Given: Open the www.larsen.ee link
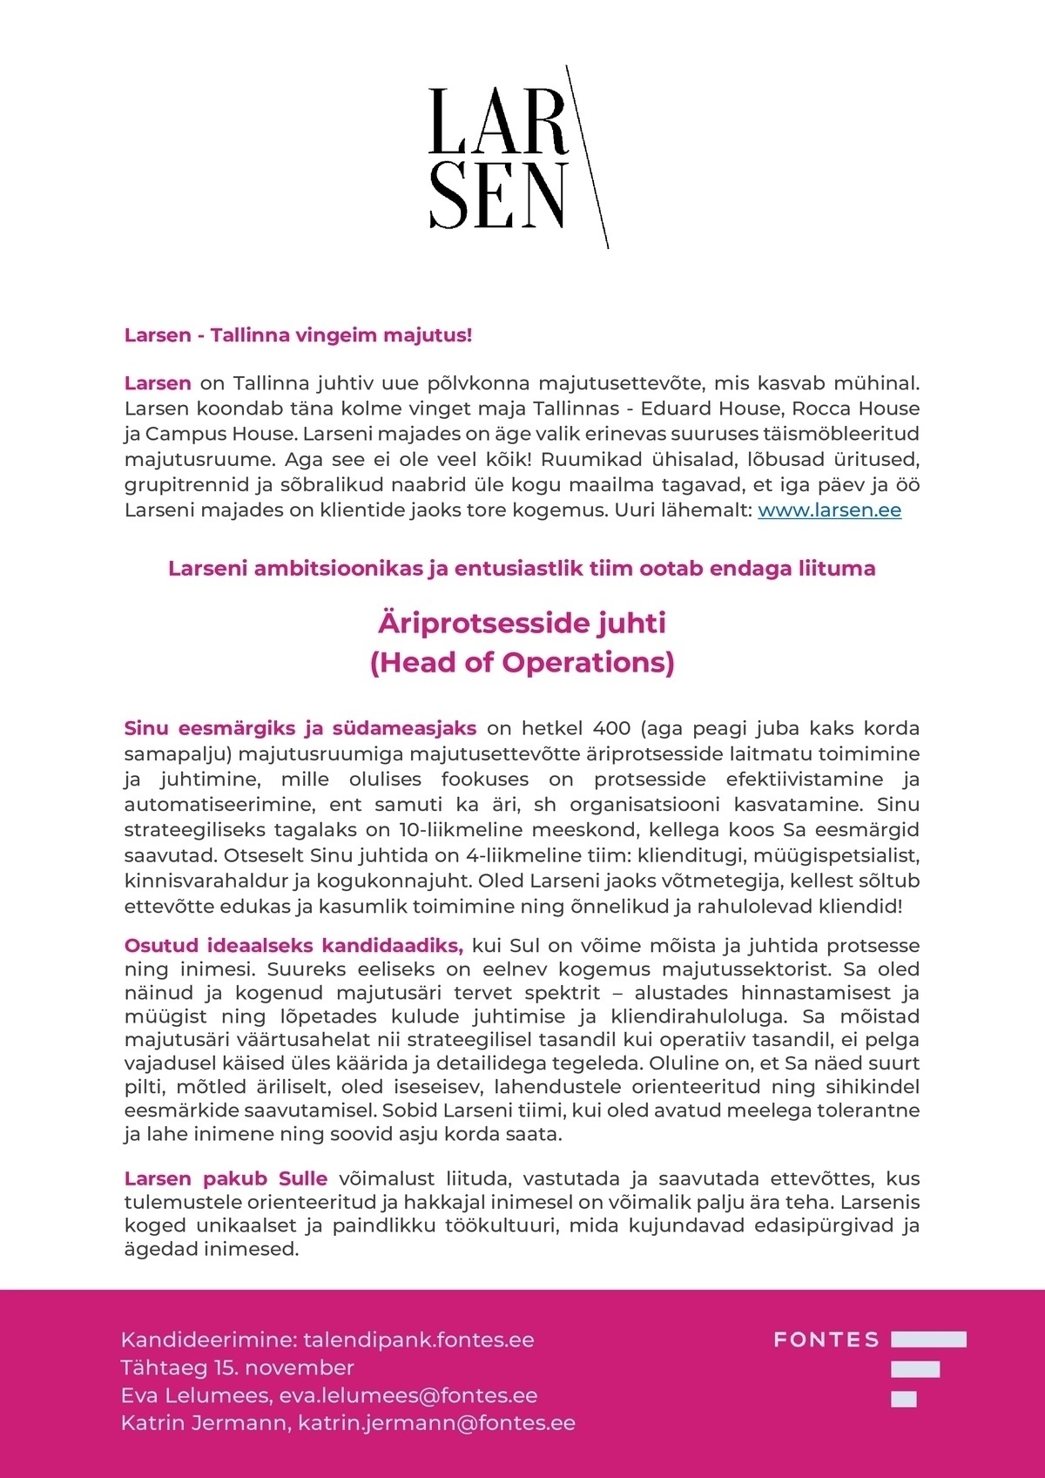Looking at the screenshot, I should coord(829,510).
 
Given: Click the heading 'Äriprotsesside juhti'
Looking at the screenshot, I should coord(522,624).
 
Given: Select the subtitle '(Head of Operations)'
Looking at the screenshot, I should coord(522,663).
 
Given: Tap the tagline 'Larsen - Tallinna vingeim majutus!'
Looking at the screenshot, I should coord(298,334).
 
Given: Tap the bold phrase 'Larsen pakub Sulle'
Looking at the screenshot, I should coord(226,1179).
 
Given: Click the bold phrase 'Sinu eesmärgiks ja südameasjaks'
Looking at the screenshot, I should coord(300,728).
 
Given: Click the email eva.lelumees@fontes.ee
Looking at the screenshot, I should coord(408,1395).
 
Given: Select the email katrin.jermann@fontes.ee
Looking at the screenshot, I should coord(436,1423).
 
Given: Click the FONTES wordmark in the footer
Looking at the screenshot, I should coord(826,1340).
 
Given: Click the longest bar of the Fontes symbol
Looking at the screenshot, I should coord(928,1340).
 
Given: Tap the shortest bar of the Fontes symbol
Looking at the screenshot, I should coord(903,1400).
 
